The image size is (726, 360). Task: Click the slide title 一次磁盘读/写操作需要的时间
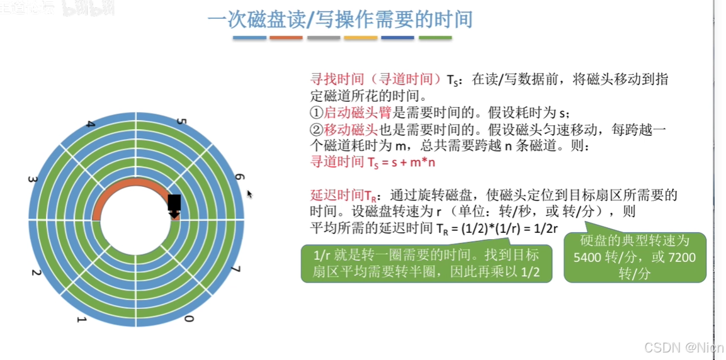(x=341, y=19)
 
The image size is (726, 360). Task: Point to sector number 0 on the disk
(x=187, y=320)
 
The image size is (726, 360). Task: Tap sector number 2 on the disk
(x=36, y=272)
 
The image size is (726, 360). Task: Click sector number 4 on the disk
(x=91, y=125)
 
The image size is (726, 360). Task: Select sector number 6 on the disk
(x=239, y=178)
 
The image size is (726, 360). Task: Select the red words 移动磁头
(x=350, y=130)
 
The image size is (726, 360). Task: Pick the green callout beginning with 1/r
(x=426, y=264)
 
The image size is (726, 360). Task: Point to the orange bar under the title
(x=286, y=38)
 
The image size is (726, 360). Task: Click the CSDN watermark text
(x=684, y=347)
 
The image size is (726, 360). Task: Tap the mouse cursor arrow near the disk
(x=249, y=194)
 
